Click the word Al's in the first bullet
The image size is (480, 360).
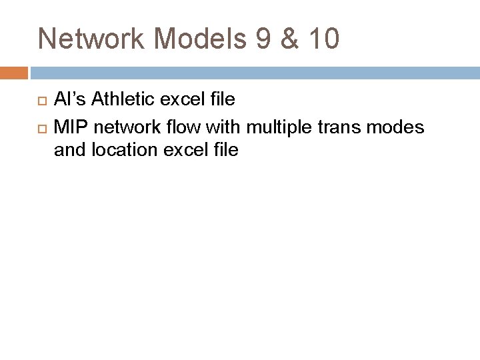click(x=70, y=101)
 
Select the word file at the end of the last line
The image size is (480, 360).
click(x=224, y=150)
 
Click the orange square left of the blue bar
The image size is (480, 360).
click(x=13, y=71)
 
